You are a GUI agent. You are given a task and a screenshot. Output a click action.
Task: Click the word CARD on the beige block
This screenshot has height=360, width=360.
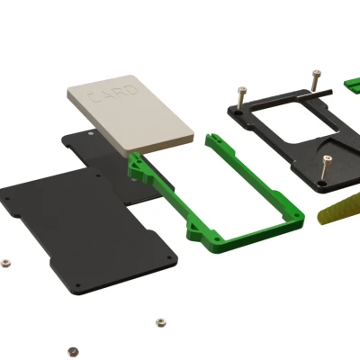tap(112, 94)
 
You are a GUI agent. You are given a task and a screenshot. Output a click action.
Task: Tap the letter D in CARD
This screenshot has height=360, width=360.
tap(133, 90)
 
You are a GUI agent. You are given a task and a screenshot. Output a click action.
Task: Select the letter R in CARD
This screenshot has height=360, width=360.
tap(120, 92)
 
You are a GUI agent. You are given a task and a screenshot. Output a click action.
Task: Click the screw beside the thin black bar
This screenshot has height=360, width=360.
tap(316, 80)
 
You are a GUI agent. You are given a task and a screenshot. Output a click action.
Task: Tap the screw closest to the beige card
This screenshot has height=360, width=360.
tap(241, 97)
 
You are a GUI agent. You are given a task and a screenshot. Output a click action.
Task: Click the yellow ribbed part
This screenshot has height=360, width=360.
tap(338, 210)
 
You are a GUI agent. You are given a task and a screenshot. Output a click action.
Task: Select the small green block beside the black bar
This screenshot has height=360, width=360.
tap(352, 85)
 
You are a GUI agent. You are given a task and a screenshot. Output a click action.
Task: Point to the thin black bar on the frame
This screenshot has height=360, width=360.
tap(314, 94)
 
